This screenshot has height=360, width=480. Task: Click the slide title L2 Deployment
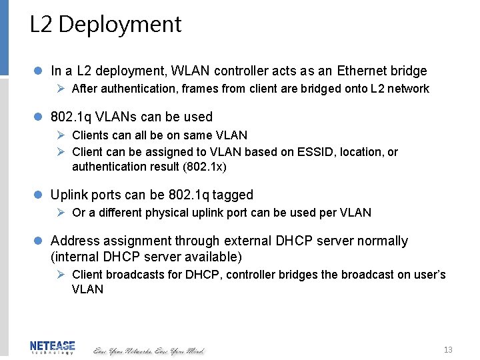pos(105,25)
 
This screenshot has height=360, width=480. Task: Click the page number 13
pos(448,350)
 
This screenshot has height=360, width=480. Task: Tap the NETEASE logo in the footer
pos(53,347)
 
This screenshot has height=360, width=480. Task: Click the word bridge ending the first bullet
pos(409,71)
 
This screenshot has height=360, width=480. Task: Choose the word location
pos(361,152)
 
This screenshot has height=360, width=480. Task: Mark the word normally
pos(382,241)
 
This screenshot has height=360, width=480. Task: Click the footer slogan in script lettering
pos(149,350)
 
